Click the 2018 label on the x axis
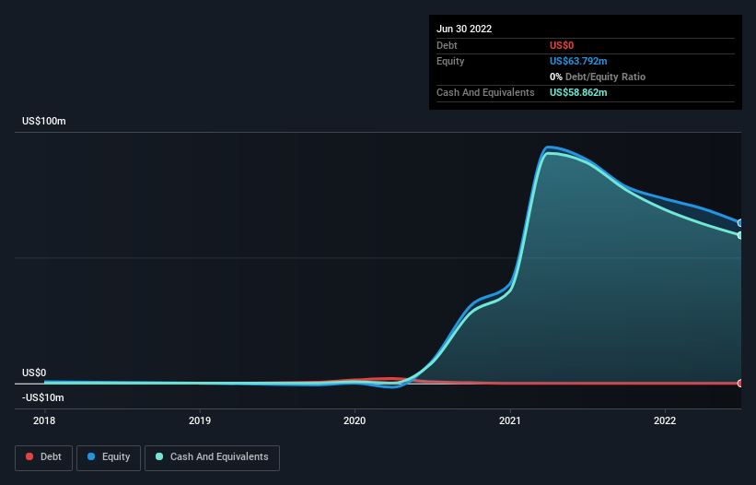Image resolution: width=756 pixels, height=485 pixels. [x=44, y=420]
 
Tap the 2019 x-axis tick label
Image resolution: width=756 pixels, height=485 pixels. [x=200, y=420]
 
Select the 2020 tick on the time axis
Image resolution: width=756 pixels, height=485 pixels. [x=355, y=420]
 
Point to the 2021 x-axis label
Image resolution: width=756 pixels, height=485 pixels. [x=509, y=420]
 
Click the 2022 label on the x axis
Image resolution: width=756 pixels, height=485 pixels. [x=665, y=420]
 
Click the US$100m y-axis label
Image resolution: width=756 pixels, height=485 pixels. [x=44, y=121]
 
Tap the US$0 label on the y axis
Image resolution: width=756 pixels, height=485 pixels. [x=34, y=373]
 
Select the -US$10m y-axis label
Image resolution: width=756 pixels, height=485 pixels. [x=43, y=397]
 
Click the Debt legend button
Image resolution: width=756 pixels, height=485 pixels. [x=44, y=457]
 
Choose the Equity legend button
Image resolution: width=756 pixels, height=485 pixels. [x=109, y=457]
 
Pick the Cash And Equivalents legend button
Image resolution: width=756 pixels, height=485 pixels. [x=212, y=457]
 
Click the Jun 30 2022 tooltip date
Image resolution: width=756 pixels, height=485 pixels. [x=464, y=29]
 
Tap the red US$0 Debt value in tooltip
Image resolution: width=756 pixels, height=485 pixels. [x=562, y=45]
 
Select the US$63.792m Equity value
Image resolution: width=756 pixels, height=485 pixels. [x=578, y=61]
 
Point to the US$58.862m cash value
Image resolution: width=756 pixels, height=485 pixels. [x=578, y=92]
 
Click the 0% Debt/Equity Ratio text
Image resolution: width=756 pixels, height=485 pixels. [x=598, y=77]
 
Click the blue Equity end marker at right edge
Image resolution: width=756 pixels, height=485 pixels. [x=740, y=223]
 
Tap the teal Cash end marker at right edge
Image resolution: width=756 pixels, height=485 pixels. [x=740, y=235]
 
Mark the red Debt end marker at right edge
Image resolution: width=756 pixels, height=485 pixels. [x=740, y=384]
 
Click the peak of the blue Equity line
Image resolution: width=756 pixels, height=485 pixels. [x=548, y=148]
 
